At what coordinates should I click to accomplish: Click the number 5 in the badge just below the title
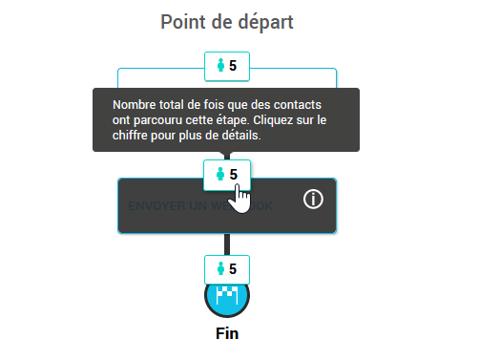pyautogui.click(x=233, y=67)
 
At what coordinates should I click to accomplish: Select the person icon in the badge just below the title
pyautogui.click(x=221, y=67)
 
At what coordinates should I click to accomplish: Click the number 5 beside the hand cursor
pyautogui.click(x=234, y=175)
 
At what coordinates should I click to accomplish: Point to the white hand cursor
pyautogui.click(x=242, y=200)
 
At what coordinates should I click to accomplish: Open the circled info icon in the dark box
pyautogui.click(x=314, y=200)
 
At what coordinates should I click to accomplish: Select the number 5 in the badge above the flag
pyautogui.click(x=233, y=268)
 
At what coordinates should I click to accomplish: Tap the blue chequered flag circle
pyautogui.click(x=227, y=298)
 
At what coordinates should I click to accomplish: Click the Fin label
pyautogui.click(x=227, y=333)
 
